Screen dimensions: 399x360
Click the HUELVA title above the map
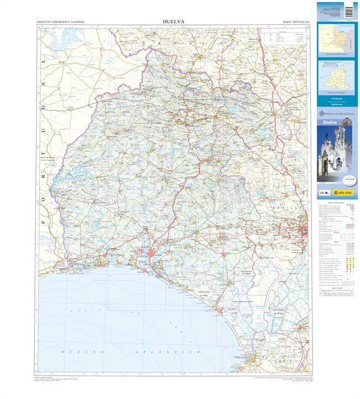click(174, 22)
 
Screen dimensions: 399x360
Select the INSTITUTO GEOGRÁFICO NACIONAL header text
click(60, 22)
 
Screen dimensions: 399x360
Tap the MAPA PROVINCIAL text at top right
click(295, 22)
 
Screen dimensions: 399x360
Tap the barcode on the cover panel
click(348, 11)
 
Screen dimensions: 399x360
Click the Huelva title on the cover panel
click(330, 122)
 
